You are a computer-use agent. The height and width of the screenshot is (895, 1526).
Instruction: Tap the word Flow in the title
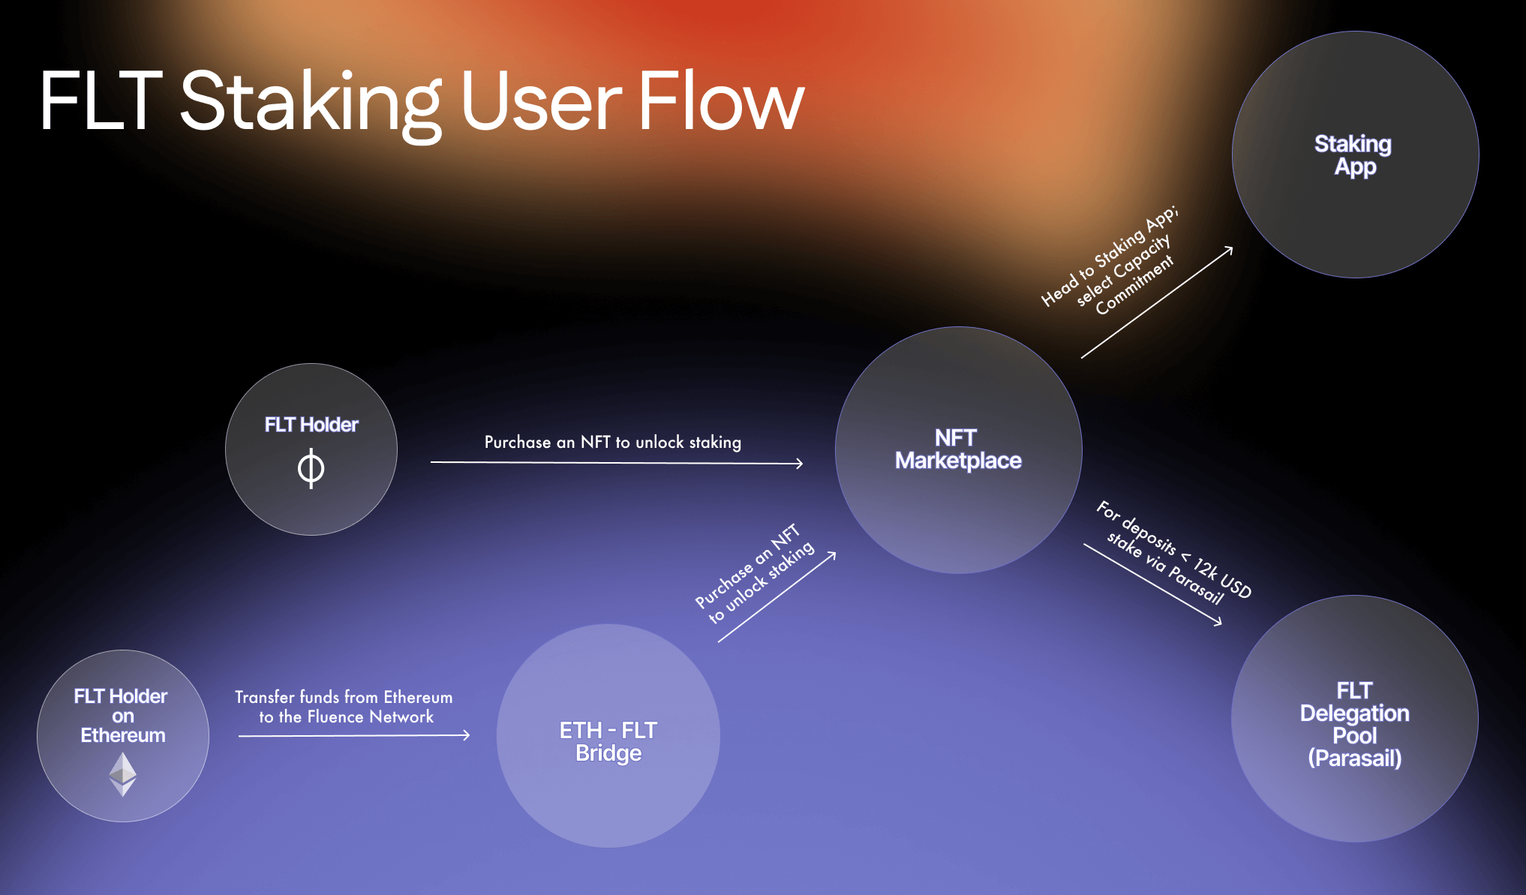720,101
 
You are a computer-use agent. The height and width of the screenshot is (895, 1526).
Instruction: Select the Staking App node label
1353,155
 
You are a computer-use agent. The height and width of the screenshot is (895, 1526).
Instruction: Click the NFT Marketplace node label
957,449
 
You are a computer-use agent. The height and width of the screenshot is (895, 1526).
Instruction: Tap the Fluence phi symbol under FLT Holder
311,469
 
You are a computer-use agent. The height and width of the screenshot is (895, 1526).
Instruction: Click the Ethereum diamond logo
123,773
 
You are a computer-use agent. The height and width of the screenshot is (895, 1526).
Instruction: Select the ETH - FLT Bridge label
608,741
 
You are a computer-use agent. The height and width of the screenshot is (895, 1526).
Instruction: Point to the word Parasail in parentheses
1354,758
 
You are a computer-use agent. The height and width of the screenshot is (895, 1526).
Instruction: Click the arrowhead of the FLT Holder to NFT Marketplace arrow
800,464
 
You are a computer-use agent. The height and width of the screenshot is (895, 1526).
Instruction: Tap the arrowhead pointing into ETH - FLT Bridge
467,735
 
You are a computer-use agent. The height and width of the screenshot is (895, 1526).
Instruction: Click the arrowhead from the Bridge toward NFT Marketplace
832,556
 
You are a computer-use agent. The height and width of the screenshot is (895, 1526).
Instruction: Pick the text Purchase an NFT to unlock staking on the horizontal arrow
612,442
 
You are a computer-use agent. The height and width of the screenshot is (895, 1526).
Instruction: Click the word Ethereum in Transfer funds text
418,697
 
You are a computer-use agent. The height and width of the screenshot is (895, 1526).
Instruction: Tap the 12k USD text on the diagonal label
1222,578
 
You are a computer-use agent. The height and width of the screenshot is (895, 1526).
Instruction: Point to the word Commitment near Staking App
1134,286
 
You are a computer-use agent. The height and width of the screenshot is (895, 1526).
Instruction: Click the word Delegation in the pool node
1354,713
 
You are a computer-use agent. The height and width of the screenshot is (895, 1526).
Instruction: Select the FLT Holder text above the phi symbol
311,425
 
